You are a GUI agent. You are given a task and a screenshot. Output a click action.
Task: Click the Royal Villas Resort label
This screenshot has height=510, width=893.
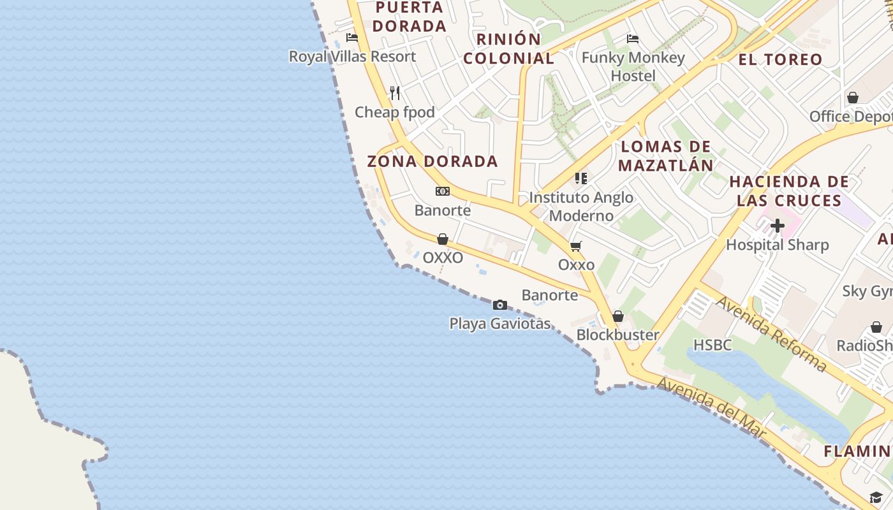pyautogui.click(x=352, y=57)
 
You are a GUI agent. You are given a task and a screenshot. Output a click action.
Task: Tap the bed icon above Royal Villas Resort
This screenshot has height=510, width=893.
pyautogui.click(x=351, y=38)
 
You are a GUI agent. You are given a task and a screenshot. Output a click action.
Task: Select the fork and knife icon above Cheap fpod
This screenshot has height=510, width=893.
pyautogui.click(x=395, y=93)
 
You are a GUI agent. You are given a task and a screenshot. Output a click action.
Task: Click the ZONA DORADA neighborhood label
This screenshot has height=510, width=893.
pyautogui.click(x=432, y=161)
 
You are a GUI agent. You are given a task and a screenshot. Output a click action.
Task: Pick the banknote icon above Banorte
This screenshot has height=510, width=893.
pyautogui.click(x=443, y=191)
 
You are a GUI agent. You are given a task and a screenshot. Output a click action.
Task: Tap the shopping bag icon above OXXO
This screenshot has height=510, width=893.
pyautogui.click(x=443, y=239)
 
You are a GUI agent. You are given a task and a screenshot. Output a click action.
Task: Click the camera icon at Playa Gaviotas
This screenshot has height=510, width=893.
pyautogui.click(x=500, y=305)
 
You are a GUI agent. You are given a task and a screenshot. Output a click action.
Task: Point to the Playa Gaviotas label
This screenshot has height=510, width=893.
pyautogui.click(x=500, y=324)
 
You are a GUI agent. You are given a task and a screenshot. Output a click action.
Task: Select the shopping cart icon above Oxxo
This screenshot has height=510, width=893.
pyautogui.click(x=576, y=246)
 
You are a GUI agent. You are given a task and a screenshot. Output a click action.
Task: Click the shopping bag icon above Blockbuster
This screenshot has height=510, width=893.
pyautogui.click(x=617, y=316)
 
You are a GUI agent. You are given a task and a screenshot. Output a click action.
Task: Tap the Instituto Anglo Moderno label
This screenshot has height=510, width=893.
pyautogui.click(x=581, y=207)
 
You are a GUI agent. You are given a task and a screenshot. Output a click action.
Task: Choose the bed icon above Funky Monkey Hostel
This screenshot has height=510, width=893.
pyautogui.click(x=633, y=39)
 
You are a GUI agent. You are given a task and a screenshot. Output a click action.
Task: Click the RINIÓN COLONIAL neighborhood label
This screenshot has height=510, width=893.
pyautogui.click(x=508, y=48)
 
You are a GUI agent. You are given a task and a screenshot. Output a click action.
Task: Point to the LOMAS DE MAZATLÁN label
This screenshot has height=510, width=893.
pyautogui.click(x=666, y=156)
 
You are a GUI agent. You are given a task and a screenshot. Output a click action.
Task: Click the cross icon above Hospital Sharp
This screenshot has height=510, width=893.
pyautogui.click(x=777, y=226)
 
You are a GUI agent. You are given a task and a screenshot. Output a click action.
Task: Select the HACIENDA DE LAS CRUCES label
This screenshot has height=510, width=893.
pyautogui.click(x=789, y=191)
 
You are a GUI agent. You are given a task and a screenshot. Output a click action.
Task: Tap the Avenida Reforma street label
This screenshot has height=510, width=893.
pyautogui.click(x=771, y=334)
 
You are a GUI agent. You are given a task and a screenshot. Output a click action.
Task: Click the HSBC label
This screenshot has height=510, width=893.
pyautogui.click(x=712, y=345)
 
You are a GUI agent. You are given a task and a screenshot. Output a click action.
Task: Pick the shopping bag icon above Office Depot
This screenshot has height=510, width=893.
pyautogui.click(x=853, y=98)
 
